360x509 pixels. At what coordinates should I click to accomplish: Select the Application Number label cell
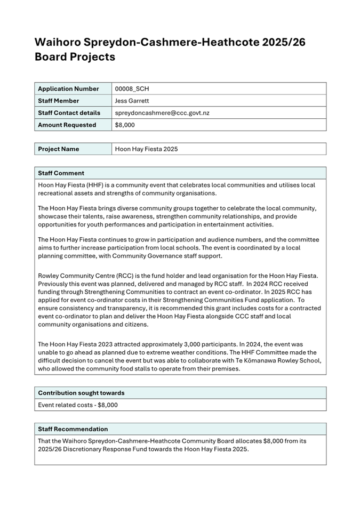[x=68, y=88]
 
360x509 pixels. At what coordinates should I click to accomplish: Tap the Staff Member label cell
[x=59, y=101]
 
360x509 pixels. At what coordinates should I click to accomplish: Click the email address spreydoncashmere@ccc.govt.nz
[x=162, y=113]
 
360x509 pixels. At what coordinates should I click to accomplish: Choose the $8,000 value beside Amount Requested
[x=125, y=125]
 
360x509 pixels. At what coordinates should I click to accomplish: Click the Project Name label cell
[x=59, y=149]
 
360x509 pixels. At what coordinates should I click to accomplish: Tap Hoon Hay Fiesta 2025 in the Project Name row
[x=146, y=149]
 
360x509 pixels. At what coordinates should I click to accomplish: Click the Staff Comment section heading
[x=61, y=173]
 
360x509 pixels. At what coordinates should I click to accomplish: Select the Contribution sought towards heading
[x=81, y=393]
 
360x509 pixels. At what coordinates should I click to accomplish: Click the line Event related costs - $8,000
[x=78, y=405]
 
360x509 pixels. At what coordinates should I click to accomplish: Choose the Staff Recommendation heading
[x=73, y=429]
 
